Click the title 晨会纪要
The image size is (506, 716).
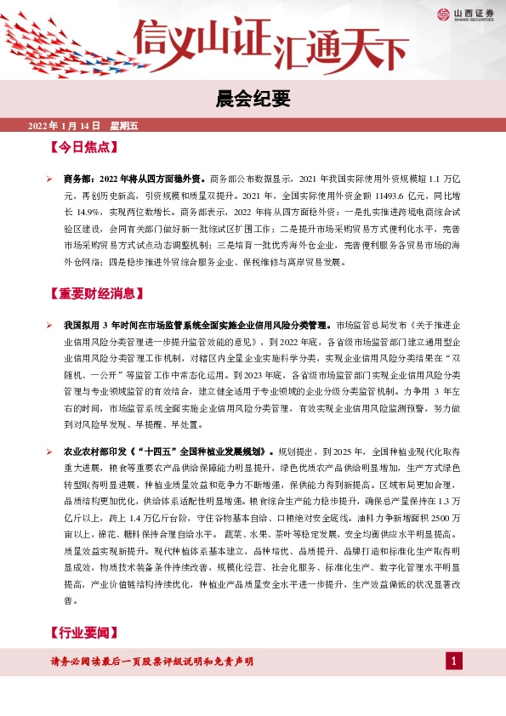click(x=253, y=100)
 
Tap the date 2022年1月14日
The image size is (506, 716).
click(x=64, y=126)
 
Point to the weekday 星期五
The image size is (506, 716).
click(x=123, y=126)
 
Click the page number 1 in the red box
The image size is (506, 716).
click(x=454, y=662)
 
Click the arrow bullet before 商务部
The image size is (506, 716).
click(x=50, y=179)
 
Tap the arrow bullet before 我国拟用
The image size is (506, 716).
click(x=50, y=326)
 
